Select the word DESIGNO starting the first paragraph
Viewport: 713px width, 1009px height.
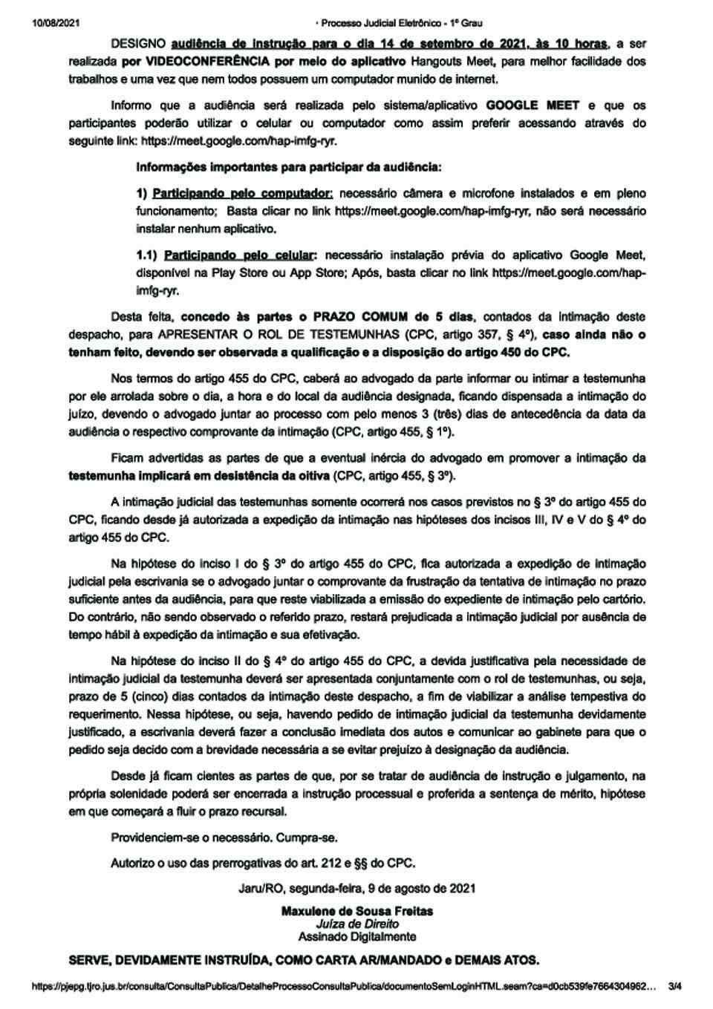click(138, 44)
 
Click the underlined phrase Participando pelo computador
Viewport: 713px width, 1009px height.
click(242, 193)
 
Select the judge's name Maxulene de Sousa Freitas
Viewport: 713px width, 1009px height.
click(356, 911)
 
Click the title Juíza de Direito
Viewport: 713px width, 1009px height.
click(356, 924)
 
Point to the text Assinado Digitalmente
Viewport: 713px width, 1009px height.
click(356, 937)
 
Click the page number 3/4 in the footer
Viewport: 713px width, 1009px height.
click(675, 987)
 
